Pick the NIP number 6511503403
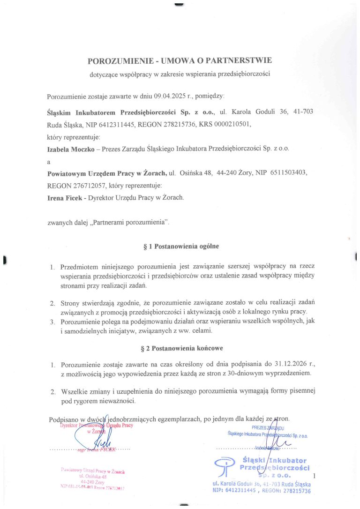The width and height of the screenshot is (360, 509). tap(286, 173)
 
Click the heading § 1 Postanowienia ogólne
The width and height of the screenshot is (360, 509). tap(180, 246)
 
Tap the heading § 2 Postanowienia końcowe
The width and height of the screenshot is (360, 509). tap(180, 348)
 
